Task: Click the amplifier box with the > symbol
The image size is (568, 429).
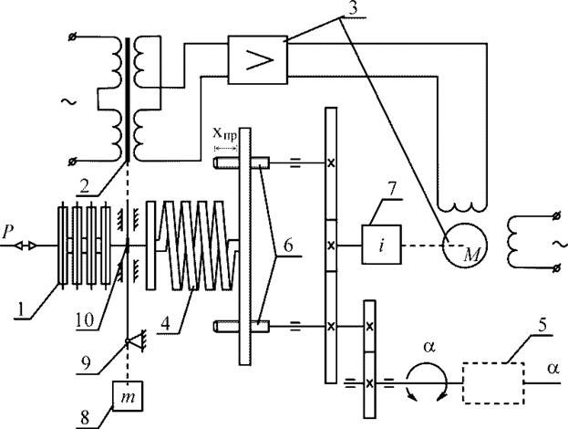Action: [257, 60]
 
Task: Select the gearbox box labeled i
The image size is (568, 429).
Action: [381, 245]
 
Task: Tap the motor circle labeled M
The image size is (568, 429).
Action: [464, 246]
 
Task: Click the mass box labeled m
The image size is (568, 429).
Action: [128, 395]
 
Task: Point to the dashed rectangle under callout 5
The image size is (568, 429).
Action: [493, 383]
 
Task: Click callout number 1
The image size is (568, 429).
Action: [21, 309]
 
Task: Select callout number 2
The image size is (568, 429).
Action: [85, 185]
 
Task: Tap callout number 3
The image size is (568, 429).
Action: [352, 8]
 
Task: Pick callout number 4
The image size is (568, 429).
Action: [166, 323]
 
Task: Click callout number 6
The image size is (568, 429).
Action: [287, 246]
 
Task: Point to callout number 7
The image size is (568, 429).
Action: [393, 190]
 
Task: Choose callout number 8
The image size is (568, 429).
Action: [85, 418]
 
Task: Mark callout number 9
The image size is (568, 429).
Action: [87, 363]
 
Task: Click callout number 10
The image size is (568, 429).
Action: [85, 319]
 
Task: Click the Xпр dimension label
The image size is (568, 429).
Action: [224, 134]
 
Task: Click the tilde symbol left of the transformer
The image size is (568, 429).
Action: [68, 102]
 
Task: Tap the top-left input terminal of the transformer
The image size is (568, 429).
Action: [72, 37]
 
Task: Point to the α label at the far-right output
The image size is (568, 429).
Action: [553, 368]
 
